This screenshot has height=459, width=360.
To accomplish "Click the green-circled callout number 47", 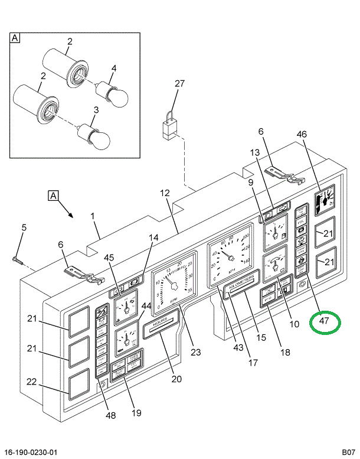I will pyautogui.click(x=325, y=321).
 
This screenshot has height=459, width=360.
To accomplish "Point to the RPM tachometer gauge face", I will pyautogui.click(x=174, y=284).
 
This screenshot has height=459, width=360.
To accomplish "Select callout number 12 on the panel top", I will pyautogui.click(x=164, y=193).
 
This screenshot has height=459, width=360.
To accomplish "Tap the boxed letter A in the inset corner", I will pyautogui.click(x=15, y=38).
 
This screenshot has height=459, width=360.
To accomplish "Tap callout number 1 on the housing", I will pyautogui.click(x=93, y=216).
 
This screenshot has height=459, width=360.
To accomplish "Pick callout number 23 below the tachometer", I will pyautogui.click(x=196, y=352).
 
